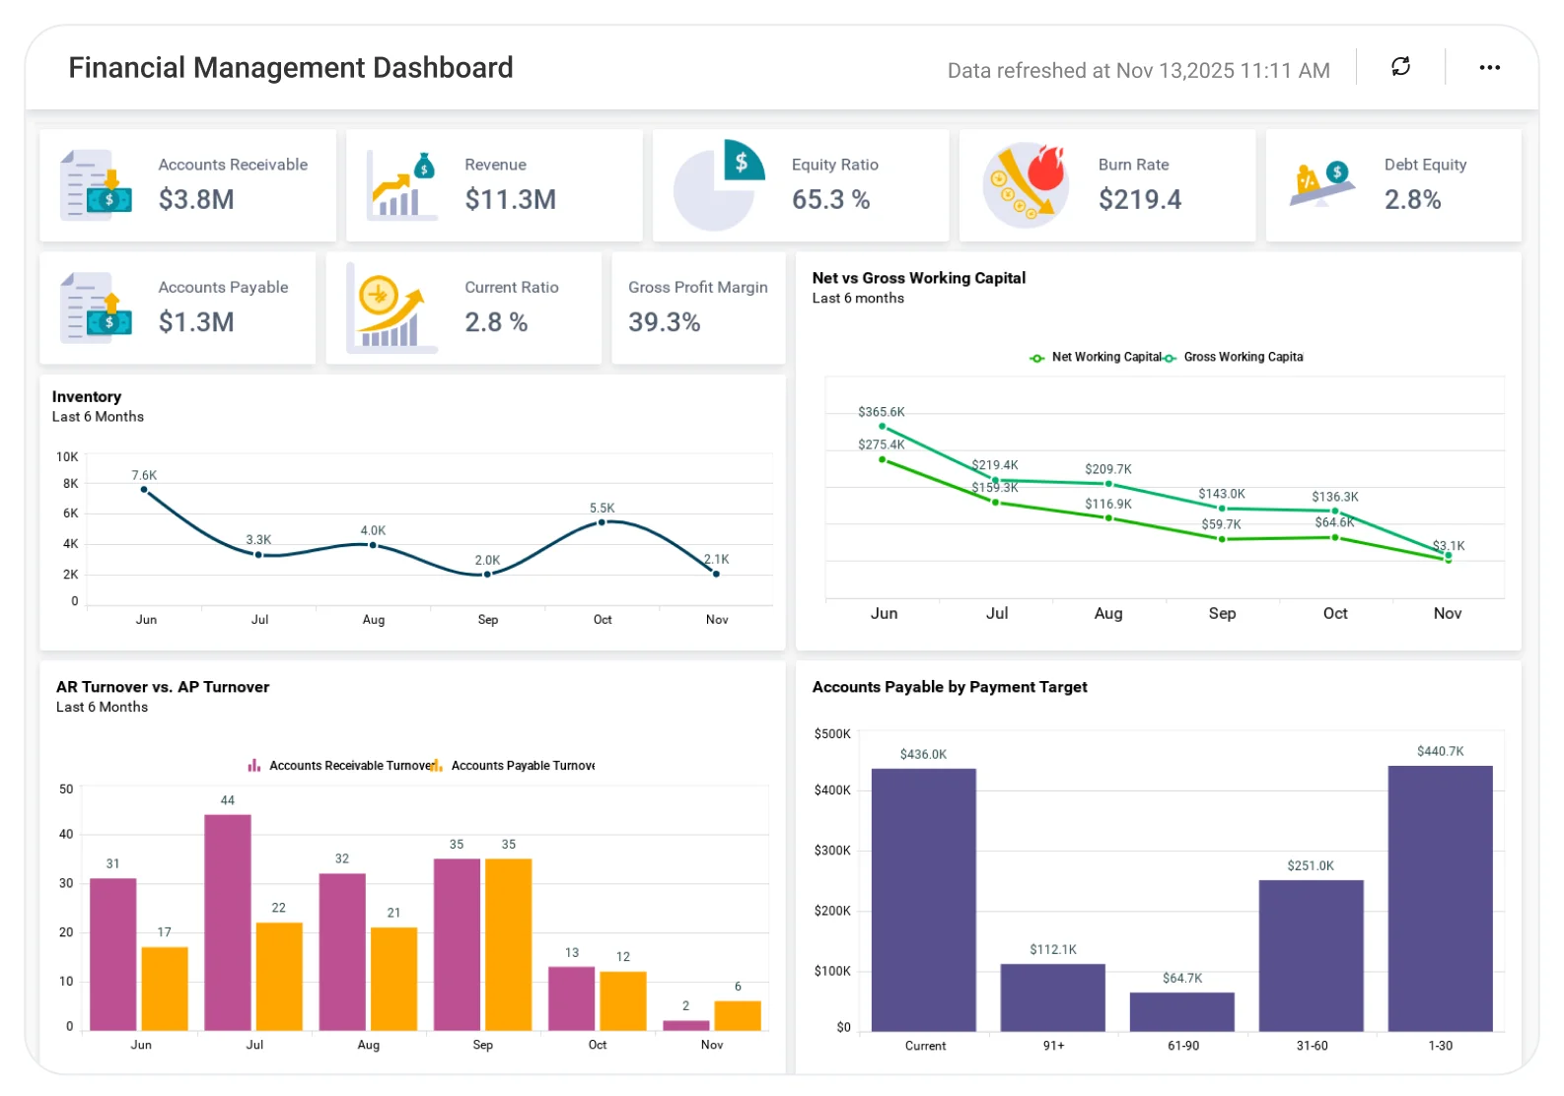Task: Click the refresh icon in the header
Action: [1400, 66]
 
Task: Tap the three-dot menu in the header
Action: [1489, 67]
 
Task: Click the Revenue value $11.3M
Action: [511, 199]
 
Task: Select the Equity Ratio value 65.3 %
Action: [830, 199]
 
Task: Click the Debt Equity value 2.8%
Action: [1412, 199]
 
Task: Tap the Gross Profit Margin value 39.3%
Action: [664, 321]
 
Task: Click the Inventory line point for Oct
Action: [602, 521]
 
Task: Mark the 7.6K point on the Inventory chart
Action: [144, 489]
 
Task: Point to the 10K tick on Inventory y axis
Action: [67, 456]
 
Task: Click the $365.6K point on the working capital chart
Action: [882, 426]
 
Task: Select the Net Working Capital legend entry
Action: [1096, 357]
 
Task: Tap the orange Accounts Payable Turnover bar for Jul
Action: [279, 976]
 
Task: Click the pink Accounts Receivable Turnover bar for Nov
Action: [685, 1025]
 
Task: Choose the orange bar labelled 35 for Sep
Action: [508, 944]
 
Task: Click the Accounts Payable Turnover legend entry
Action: [512, 765]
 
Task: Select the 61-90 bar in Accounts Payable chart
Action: [1182, 1011]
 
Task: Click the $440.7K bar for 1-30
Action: [1440, 899]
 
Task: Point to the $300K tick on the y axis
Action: [832, 850]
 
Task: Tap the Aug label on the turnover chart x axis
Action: [368, 1045]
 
